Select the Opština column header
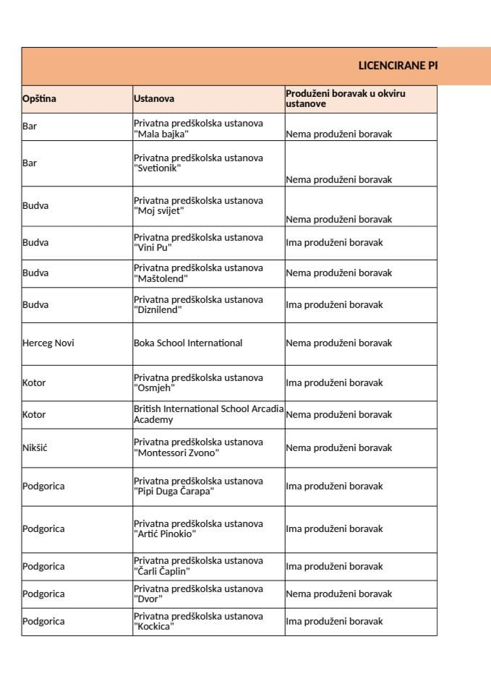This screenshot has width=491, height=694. click(x=39, y=98)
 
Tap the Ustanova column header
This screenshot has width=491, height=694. click(x=154, y=98)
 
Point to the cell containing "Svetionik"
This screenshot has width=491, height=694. click(x=198, y=163)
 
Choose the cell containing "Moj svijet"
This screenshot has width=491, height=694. click(x=198, y=206)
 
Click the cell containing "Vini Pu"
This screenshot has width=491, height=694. click(x=198, y=243)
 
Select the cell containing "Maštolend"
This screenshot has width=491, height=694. click(x=198, y=273)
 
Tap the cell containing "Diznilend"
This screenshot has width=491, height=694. click(x=198, y=305)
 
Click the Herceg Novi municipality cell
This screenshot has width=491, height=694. click(x=48, y=343)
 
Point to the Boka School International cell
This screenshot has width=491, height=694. click(x=188, y=343)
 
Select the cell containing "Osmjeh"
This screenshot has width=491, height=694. click(x=198, y=383)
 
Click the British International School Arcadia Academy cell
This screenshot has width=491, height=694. click(x=208, y=414)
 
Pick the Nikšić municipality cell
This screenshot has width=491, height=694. click(x=35, y=448)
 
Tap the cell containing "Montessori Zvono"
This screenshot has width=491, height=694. click(x=198, y=447)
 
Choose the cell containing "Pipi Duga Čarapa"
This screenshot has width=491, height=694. click(x=198, y=487)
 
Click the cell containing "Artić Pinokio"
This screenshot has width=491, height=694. click(x=198, y=529)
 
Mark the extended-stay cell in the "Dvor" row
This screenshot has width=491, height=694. click(x=339, y=594)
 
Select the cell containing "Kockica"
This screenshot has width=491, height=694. click(x=198, y=622)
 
